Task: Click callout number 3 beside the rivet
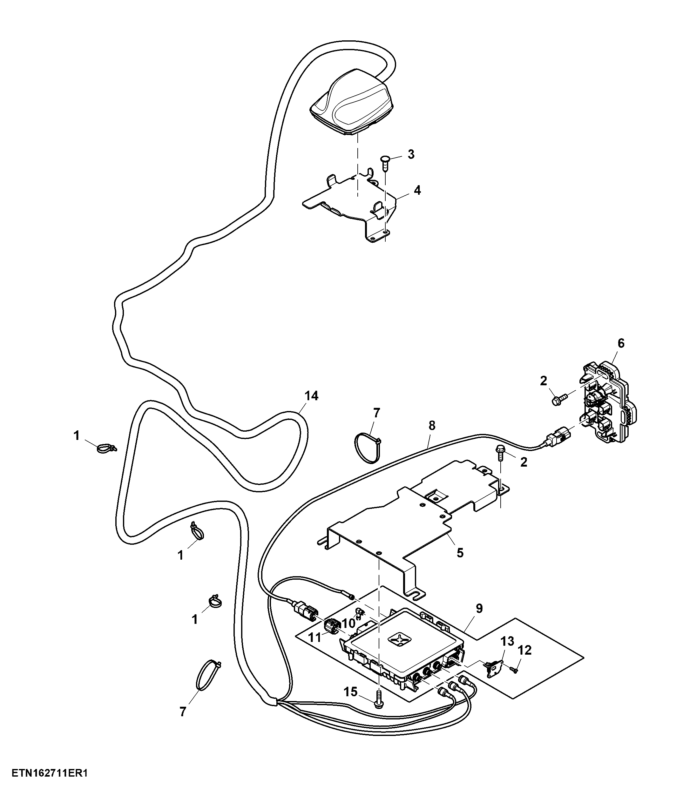[x=411, y=155]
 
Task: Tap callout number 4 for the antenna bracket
[x=417, y=190]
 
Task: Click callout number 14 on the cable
[x=311, y=396]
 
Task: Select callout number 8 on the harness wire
[x=431, y=426]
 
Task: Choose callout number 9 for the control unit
[x=479, y=609]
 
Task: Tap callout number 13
[x=507, y=641]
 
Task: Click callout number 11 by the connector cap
[x=314, y=637]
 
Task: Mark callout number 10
[x=348, y=624]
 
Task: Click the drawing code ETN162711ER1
[x=50, y=774]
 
